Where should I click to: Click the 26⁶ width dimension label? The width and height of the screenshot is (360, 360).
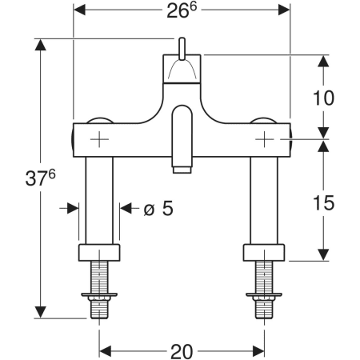(182, 10)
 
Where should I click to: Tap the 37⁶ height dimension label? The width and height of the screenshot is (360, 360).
(40, 178)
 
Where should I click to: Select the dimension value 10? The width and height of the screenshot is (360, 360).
(323, 98)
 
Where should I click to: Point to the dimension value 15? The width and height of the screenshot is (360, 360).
(323, 202)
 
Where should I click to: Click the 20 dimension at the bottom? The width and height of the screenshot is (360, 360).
(182, 351)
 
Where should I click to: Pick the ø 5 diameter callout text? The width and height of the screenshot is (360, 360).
(158, 208)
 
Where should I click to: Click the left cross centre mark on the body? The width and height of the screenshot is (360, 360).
(99, 139)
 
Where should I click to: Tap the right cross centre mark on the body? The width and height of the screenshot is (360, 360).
(264, 139)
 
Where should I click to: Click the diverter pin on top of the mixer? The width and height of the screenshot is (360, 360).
(182, 49)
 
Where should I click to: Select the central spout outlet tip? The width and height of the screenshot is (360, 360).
(182, 170)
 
